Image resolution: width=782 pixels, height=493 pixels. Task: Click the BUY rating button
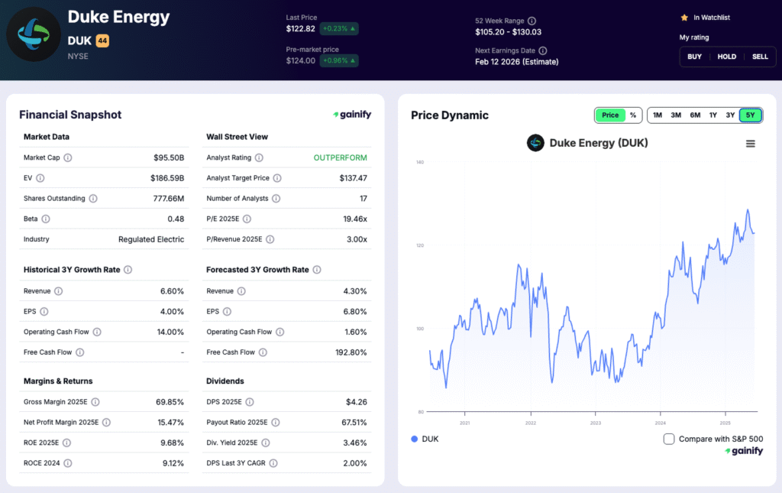pos(694,57)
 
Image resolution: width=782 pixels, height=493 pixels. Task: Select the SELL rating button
pos(760,57)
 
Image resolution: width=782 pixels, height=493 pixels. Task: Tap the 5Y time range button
pos(751,115)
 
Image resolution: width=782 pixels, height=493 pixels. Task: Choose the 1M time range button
pos(658,115)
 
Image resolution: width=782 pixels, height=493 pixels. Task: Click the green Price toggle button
pos(610,115)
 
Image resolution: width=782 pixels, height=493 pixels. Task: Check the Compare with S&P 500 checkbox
pos(669,439)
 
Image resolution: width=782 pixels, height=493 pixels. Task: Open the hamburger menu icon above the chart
pos(751,144)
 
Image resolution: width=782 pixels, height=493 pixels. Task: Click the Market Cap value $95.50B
pos(169,157)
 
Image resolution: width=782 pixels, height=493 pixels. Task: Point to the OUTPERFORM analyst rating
pos(340,157)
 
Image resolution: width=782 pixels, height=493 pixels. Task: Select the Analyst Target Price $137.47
pos(353,178)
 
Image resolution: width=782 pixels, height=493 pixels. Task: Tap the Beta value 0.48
pos(176,219)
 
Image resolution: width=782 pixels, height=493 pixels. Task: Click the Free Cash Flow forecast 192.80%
pos(351,352)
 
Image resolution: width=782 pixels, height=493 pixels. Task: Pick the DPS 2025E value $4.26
pos(355,402)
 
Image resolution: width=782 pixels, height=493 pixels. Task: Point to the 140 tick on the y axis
pos(419,162)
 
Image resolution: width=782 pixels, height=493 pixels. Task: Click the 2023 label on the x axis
pos(596,423)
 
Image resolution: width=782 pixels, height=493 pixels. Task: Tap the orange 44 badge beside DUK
pos(102,41)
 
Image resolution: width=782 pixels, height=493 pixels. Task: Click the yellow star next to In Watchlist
pos(684,18)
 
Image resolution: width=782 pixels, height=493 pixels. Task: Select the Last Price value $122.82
pos(300,29)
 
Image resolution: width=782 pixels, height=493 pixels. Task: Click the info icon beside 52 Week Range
pos(532,21)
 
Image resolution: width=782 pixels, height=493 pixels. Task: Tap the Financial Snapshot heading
pos(70,115)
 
